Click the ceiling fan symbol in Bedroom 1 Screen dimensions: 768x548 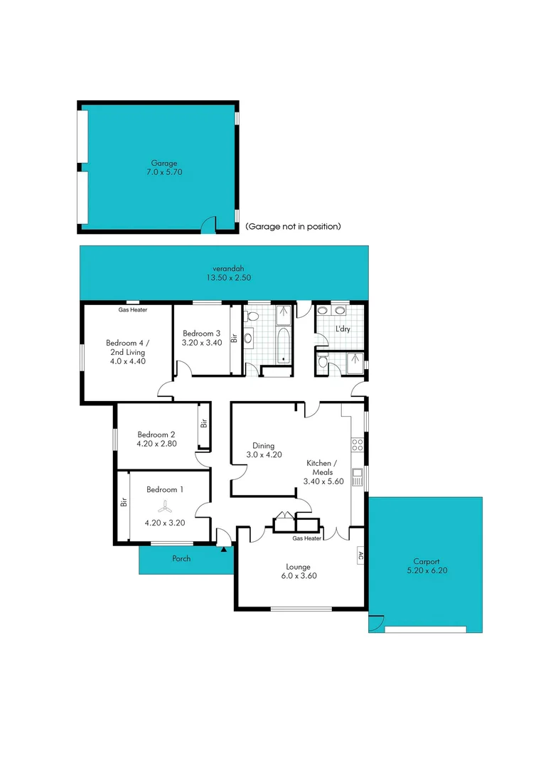(x=164, y=506)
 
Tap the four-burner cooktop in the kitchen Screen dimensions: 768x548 (x=358, y=446)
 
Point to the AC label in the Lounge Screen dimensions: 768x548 (x=360, y=555)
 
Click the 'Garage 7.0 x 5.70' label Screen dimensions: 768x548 (x=164, y=168)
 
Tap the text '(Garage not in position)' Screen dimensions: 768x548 (x=293, y=226)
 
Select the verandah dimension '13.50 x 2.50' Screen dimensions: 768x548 (x=225, y=277)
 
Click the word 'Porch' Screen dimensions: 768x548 (x=182, y=558)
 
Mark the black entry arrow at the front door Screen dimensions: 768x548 (x=225, y=548)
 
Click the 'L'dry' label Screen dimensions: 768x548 (x=343, y=329)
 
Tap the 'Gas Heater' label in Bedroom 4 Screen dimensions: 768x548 (x=133, y=310)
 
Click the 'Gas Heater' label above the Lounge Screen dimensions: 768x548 (x=307, y=538)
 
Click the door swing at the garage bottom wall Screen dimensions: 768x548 (x=208, y=225)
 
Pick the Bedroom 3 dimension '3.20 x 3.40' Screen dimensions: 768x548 (x=202, y=342)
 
